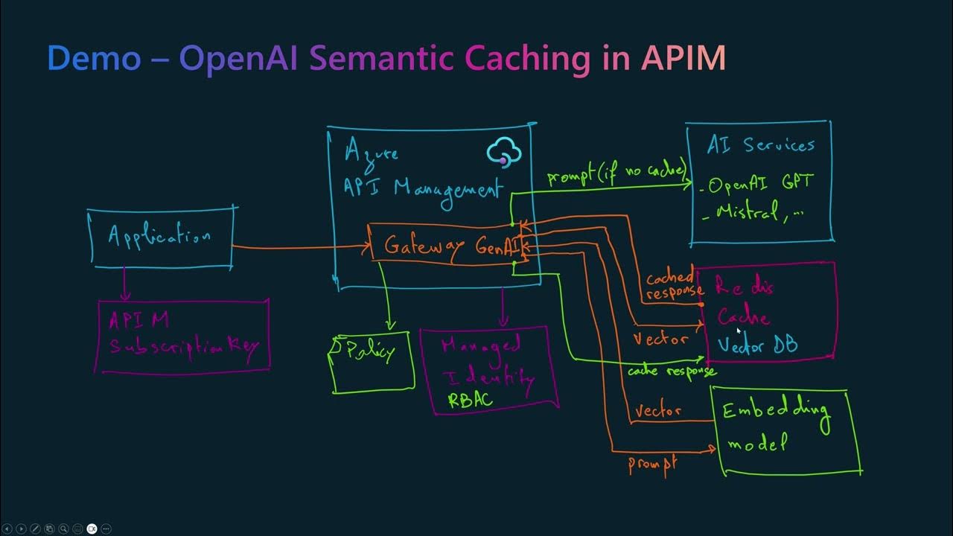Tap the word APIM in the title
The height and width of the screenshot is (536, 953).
(683, 58)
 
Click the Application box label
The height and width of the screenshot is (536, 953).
(159, 237)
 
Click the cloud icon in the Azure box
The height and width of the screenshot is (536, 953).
(503, 153)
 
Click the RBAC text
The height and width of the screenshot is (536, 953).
(470, 400)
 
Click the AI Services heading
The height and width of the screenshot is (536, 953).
(759, 145)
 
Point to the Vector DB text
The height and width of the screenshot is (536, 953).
(757, 345)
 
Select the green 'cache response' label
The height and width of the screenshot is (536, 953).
(671, 370)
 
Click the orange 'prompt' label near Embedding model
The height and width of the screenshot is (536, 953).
(652, 463)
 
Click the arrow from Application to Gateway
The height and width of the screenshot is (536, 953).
(302, 247)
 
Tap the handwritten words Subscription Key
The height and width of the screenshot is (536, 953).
(183, 346)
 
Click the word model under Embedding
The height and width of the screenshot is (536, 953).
(756, 444)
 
